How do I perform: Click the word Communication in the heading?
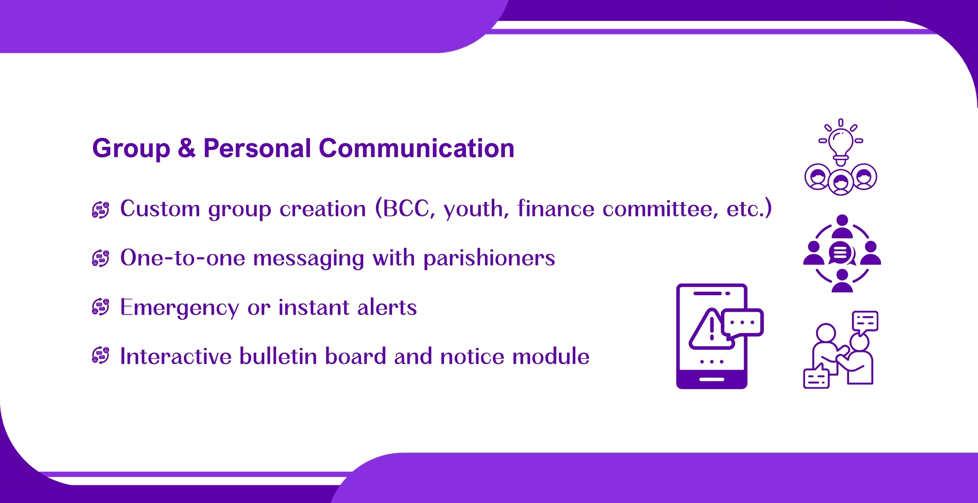pyautogui.click(x=416, y=149)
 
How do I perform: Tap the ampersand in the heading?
pyautogui.click(x=186, y=149)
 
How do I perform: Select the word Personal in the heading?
pyautogui.click(x=257, y=149)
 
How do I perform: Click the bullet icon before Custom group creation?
pyautogui.click(x=101, y=210)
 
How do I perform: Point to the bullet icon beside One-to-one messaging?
pyautogui.click(x=101, y=258)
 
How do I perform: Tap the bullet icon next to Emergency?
pyautogui.click(x=101, y=307)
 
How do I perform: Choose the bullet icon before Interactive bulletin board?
pyautogui.click(x=101, y=356)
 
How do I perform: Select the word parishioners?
pyautogui.click(x=489, y=258)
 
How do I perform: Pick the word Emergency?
pyautogui.click(x=180, y=308)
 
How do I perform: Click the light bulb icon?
pyautogui.click(x=841, y=142)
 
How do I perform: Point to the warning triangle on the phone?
pyautogui.click(x=710, y=329)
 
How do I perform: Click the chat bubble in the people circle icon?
pyautogui.click(x=841, y=253)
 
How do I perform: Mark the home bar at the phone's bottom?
pyautogui.click(x=712, y=379)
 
